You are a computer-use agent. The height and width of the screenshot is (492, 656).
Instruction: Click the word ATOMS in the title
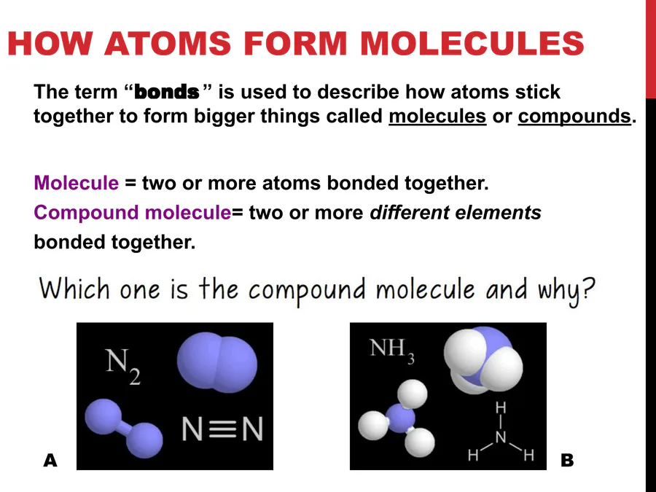tap(168, 43)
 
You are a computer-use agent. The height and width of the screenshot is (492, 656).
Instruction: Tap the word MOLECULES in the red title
tap(472, 43)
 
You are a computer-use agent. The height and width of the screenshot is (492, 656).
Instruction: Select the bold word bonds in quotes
tap(167, 92)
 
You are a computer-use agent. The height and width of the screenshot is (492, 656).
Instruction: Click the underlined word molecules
tap(437, 116)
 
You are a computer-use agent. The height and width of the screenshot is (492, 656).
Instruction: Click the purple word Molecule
tap(76, 183)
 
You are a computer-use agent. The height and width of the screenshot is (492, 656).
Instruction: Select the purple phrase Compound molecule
tap(132, 213)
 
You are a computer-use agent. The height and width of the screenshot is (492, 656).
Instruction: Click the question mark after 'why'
tap(587, 289)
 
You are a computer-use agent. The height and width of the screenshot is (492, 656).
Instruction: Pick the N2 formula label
tap(122, 366)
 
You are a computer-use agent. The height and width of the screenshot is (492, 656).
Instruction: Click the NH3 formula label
tap(392, 350)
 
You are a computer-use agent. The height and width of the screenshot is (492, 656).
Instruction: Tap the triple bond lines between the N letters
tap(222, 429)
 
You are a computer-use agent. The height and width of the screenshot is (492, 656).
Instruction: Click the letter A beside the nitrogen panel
tap(50, 460)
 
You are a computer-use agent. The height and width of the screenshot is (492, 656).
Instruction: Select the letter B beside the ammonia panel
tap(567, 460)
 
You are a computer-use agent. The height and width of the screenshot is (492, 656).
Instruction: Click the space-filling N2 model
tap(216, 362)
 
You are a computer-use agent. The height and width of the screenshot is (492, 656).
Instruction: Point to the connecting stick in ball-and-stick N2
tap(124, 429)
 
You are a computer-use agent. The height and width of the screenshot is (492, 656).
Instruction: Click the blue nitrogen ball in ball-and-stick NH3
tap(400, 418)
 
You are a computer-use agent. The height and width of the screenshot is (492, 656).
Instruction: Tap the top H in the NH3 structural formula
tap(501, 407)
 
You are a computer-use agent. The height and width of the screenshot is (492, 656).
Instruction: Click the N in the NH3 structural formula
tap(501, 437)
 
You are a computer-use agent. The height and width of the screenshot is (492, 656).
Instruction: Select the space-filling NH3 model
tap(483, 360)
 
